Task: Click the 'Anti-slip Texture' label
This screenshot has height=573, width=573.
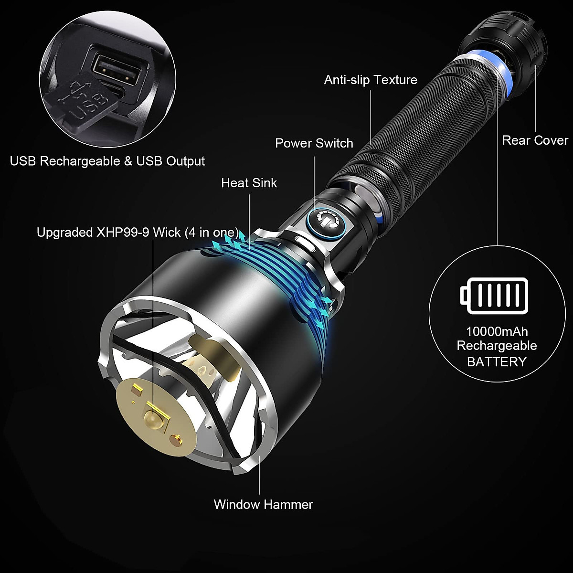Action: [371, 80]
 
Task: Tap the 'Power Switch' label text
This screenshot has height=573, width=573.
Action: [314, 143]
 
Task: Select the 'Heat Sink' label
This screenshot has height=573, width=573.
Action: [249, 183]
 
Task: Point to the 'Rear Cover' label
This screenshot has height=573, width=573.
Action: [535, 140]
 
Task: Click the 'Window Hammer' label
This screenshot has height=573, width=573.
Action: [263, 504]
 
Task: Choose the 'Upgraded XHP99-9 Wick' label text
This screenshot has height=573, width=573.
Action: [138, 233]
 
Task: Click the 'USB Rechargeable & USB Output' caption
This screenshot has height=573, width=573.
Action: [107, 161]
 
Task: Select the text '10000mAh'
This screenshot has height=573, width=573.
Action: [497, 331]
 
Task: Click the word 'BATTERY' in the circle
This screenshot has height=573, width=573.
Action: [497, 362]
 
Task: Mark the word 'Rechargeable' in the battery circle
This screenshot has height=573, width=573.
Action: [497, 346]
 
